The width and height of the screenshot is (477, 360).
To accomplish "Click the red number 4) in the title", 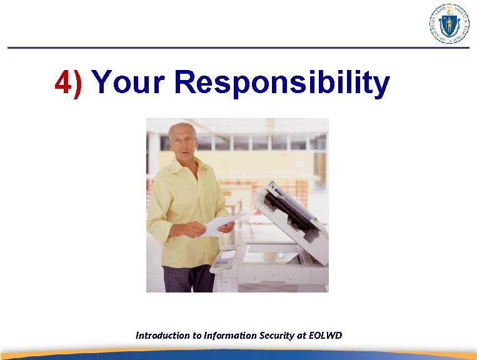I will (68, 83).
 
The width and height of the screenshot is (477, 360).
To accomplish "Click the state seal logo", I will (449, 24).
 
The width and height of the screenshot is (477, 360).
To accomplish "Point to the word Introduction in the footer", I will (162, 336).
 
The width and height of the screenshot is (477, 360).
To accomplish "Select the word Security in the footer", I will (277, 336).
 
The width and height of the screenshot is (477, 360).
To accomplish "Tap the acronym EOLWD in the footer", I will (326, 336).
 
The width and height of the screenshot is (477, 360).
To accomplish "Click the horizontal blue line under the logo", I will (238, 47).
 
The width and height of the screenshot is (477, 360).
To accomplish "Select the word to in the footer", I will (197, 336).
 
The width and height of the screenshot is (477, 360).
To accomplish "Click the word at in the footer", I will (302, 336).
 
